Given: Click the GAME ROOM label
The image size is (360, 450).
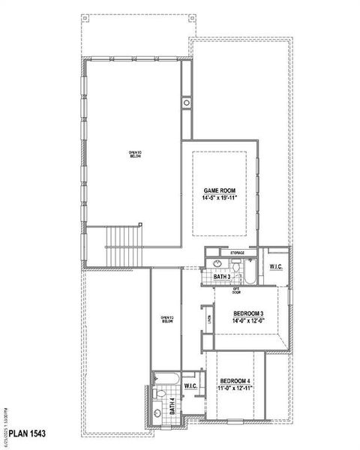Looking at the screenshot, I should (220, 191).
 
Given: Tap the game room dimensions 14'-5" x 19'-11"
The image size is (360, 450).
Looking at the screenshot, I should (220, 199).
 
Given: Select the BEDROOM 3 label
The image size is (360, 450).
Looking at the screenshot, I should (247, 313).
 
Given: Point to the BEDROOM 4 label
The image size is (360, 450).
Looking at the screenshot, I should (235, 380).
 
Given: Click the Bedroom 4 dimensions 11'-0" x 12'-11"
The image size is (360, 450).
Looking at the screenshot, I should (235, 388).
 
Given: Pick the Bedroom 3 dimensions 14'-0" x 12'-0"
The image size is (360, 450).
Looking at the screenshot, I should (247, 321).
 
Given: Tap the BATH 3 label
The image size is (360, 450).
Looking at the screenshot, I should (222, 277).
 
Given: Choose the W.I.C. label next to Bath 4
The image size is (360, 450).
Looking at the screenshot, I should (190, 386).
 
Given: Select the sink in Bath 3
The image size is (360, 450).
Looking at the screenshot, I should (217, 264).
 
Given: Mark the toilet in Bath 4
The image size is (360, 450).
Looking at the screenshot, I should (159, 393).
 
